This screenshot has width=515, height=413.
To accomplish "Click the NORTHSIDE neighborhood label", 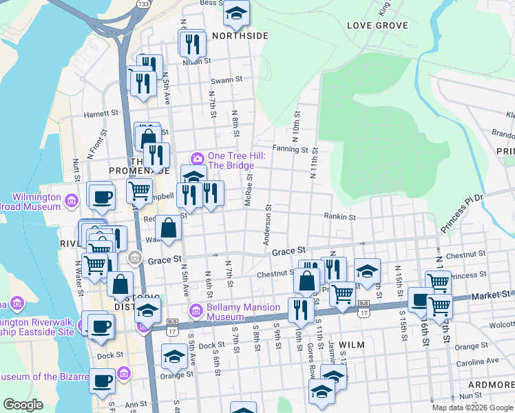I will [239, 36].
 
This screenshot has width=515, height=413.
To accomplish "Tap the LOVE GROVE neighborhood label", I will [377, 25].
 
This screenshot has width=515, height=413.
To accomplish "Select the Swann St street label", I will [227, 80].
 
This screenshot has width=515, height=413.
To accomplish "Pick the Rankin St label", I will [340, 216].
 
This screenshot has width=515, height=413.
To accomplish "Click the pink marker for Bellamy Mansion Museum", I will [196, 312].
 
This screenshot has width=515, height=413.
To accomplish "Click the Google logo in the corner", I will [23, 405].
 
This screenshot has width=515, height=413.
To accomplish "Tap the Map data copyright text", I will [472, 407].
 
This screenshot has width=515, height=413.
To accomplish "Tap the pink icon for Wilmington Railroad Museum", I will [72, 201].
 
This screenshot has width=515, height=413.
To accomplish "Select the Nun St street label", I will [470, 396].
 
